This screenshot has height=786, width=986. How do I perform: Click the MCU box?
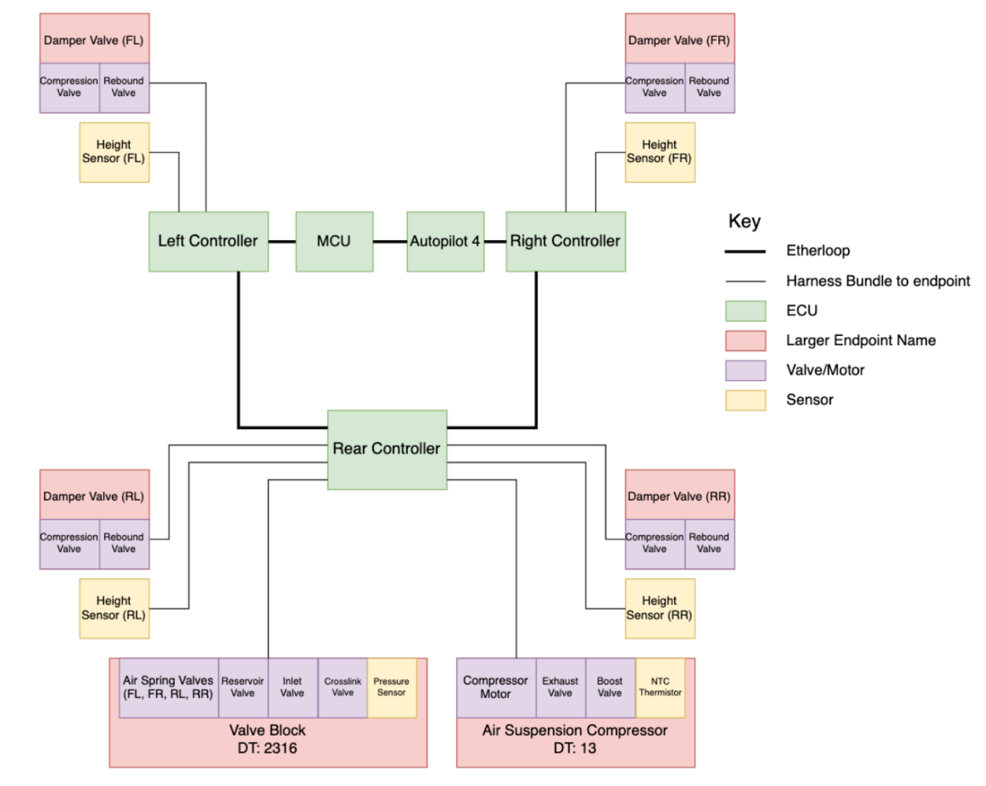click(x=334, y=242)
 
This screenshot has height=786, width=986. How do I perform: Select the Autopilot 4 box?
click(x=445, y=242)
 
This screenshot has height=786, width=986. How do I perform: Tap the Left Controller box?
click(x=208, y=242)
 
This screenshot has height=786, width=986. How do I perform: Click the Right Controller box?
click(x=565, y=242)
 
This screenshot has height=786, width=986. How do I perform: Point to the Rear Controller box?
click(x=387, y=449)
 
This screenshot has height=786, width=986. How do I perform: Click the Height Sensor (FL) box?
click(x=114, y=152)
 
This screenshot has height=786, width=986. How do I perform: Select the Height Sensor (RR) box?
click(x=660, y=608)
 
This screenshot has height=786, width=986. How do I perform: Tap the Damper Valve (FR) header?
click(x=679, y=39)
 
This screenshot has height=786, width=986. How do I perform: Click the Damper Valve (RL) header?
click(x=94, y=496)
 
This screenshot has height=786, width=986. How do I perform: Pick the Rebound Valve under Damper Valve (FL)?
click(x=124, y=87)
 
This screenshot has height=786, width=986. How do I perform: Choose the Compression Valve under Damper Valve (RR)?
click(x=654, y=544)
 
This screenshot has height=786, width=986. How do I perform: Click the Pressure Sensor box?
click(x=391, y=688)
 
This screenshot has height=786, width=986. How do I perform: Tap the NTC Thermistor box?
click(x=660, y=688)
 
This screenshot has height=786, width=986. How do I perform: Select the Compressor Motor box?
click(x=495, y=688)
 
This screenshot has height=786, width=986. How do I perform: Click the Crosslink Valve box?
click(x=343, y=688)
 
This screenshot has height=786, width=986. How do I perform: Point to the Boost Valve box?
click(x=610, y=688)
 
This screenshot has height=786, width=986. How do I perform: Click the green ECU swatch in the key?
click(x=745, y=311)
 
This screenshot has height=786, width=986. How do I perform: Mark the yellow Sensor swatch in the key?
click(x=745, y=400)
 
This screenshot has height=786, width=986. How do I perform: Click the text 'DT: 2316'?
click(x=267, y=748)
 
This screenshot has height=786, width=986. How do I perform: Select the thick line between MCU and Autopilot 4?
click(x=390, y=242)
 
